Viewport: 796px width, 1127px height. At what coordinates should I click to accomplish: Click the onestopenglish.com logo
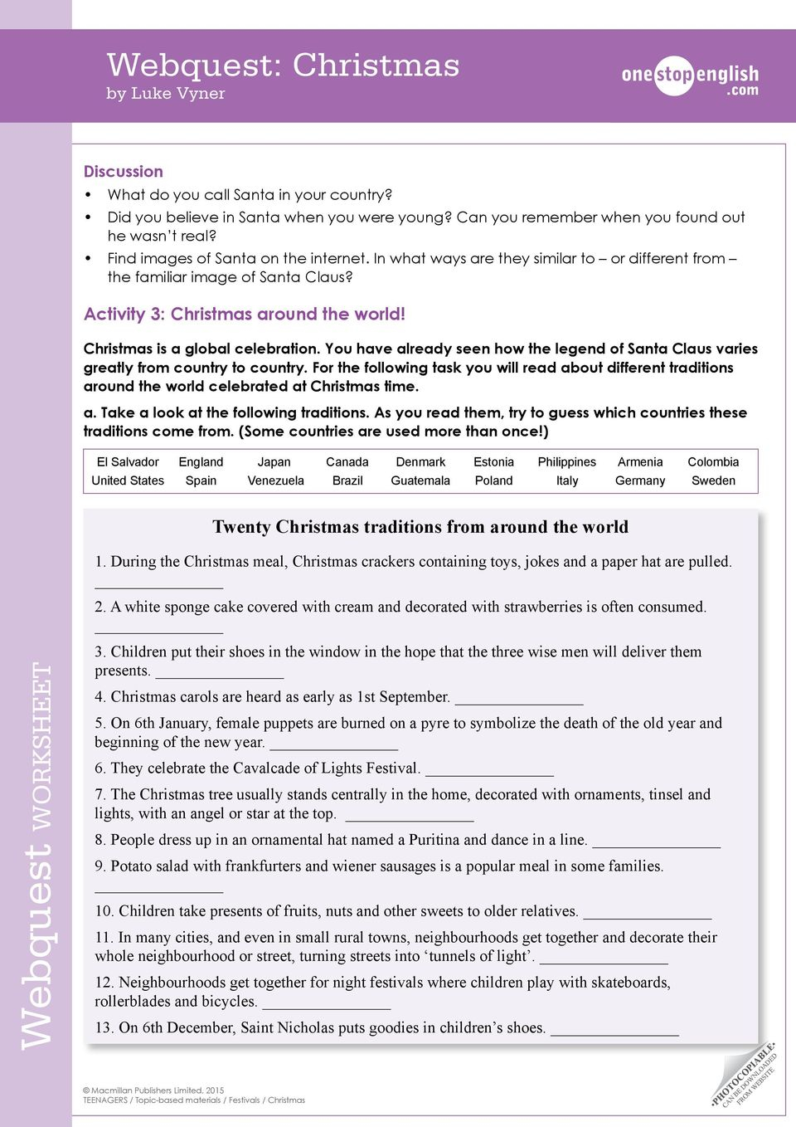click(690, 79)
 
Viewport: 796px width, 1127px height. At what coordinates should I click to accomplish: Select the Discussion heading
click(124, 172)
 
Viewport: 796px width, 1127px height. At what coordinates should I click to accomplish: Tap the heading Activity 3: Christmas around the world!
click(245, 315)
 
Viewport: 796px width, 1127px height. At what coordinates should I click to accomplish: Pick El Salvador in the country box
click(128, 462)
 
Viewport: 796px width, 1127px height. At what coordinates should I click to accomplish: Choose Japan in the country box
click(274, 462)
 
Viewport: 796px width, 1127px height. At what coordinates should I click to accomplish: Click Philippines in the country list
click(566, 462)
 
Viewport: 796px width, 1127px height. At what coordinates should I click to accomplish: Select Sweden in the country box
click(713, 481)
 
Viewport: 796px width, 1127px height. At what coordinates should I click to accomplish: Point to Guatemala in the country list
click(420, 481)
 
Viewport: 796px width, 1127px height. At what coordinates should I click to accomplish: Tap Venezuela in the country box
click(275, 481)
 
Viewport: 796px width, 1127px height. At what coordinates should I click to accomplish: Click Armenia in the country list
click(640, 462)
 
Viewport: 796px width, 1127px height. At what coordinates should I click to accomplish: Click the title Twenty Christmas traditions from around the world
click(420, 527)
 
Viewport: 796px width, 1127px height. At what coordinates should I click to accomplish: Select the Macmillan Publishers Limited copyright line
click(153, 1090)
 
